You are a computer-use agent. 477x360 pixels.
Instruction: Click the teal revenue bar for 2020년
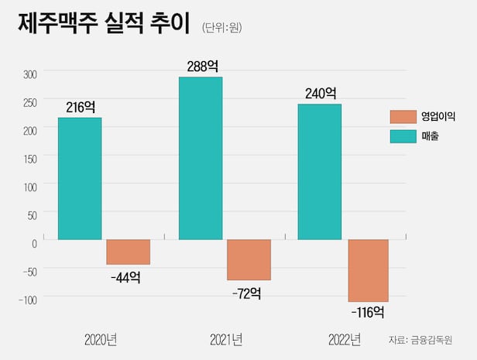(80, 178)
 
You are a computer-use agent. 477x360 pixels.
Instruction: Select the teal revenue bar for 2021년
(201, 158)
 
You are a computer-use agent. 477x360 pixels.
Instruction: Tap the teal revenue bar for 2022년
(320, 171)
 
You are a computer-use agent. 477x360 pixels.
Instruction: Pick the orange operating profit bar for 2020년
(128, 252)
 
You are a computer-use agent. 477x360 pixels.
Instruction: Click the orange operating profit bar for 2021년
(249, 260)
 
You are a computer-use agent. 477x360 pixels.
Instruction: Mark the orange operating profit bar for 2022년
(368, 270)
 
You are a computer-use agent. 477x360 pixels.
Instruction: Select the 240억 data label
(321, 94)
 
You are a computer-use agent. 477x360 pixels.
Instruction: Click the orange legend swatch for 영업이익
(402, 117)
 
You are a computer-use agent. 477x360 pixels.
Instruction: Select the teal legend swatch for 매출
(402, 136)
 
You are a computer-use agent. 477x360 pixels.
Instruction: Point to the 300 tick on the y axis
(29, 75)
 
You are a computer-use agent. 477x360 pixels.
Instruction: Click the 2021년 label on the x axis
(226, 339)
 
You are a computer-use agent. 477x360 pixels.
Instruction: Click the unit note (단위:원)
(222, 28)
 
